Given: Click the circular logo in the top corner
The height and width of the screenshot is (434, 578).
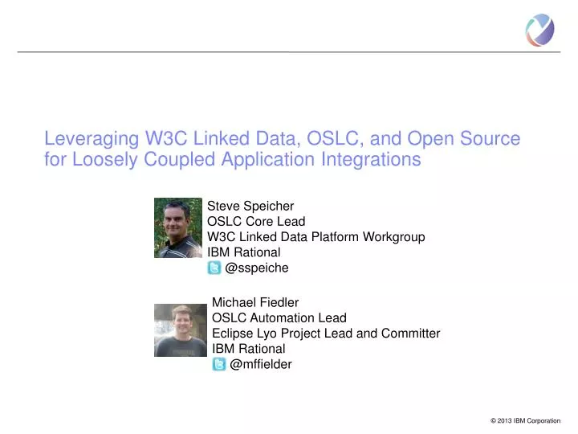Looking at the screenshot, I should (539, 30).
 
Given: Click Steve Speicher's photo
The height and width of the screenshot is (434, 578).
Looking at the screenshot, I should (177, 227).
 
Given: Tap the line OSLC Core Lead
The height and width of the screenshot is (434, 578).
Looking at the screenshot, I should (256, 221).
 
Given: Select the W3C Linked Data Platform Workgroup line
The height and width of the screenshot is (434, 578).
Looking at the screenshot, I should (315, 236).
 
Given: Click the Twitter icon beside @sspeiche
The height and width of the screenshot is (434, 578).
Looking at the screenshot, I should (214, 268).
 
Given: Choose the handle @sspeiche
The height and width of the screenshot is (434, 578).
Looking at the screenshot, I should (257, 268).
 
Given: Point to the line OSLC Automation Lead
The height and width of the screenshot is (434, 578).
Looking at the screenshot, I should (279, 317).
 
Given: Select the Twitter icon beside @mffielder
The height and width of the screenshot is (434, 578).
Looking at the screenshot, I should (219, 364).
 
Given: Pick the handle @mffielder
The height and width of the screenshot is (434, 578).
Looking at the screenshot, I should (261, 364).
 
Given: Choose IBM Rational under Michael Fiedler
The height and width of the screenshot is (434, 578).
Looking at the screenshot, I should (248, 349).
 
